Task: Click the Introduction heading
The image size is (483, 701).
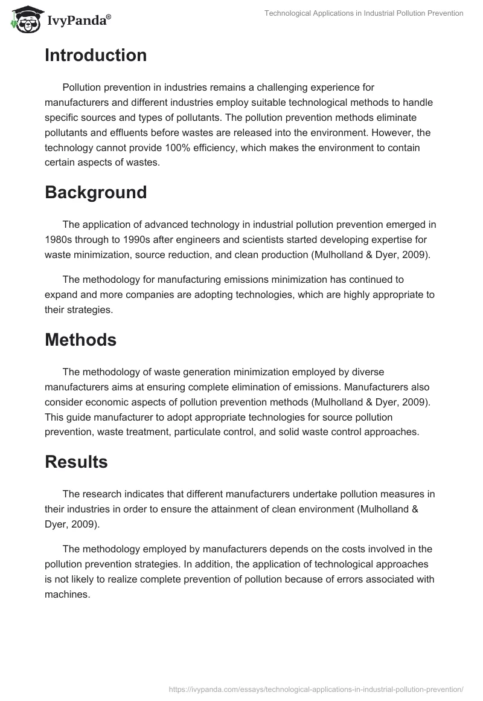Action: pyautogui.click(x=95, y=56)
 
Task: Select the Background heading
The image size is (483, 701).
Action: pyautogui.click(x=95, y=193)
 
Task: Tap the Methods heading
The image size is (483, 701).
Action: pyautogui.click(x=80, y=340)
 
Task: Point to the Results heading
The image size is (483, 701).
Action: pyautogui.click(x=76, y=462)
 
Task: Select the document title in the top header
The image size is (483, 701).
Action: pyautogui.click(x=364, y=13)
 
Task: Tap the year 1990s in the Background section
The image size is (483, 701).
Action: pyautogui.click(x=126, y=239)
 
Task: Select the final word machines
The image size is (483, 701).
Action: pyautogui.click(x=66, y=594)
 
